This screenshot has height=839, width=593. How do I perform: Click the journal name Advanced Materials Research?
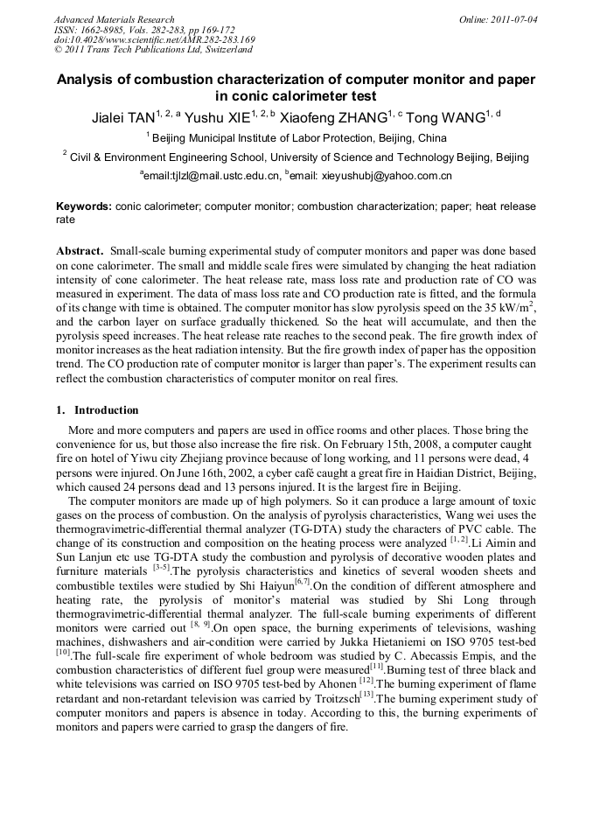coord(114,19)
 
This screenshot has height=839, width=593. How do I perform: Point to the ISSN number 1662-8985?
coord(108,30)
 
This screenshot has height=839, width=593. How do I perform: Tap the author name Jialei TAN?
coord(123,118)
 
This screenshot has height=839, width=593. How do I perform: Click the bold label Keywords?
coord(83,206)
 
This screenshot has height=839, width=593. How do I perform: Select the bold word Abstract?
coord(80,249)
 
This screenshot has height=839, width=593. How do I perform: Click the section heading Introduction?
coord(106,410)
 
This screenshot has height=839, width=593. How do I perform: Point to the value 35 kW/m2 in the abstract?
coord(504,308)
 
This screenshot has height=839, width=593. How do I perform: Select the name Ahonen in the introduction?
coord(337,684)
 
